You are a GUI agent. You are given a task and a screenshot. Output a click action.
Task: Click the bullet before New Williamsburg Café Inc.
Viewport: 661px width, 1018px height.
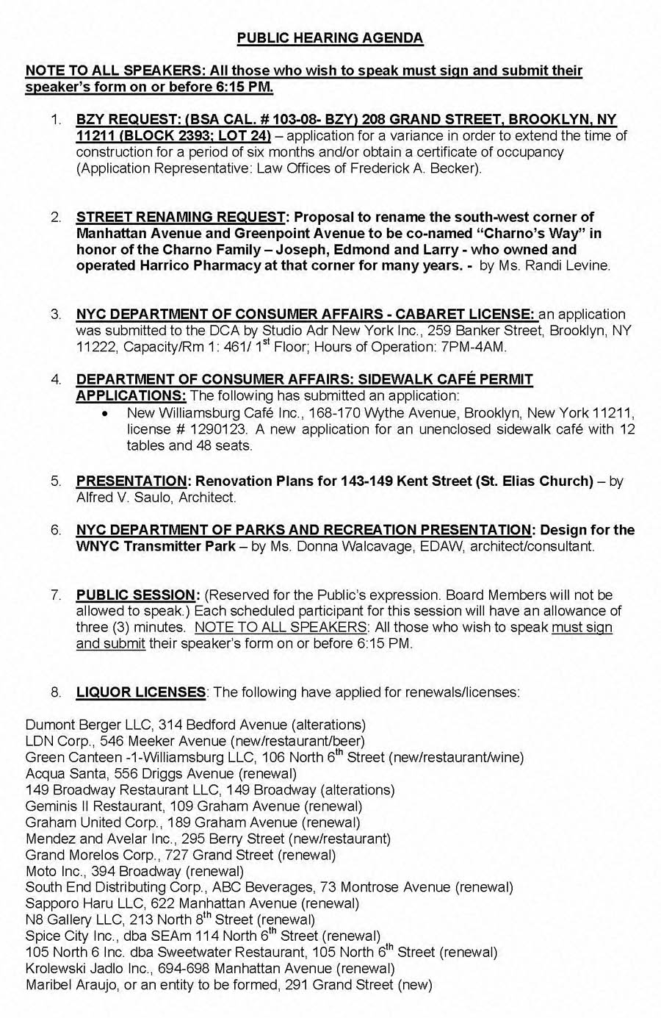[x=108, y=414]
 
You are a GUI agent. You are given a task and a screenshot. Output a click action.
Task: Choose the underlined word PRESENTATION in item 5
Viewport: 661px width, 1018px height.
[x=131, y=481]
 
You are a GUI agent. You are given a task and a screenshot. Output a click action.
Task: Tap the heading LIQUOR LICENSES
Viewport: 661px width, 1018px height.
[x=140, y=692]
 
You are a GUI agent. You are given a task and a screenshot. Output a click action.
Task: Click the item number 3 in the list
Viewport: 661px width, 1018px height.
[x=56, y=315]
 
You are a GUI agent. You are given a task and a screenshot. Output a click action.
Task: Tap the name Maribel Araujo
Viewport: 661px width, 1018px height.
[x=70, y=984]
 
